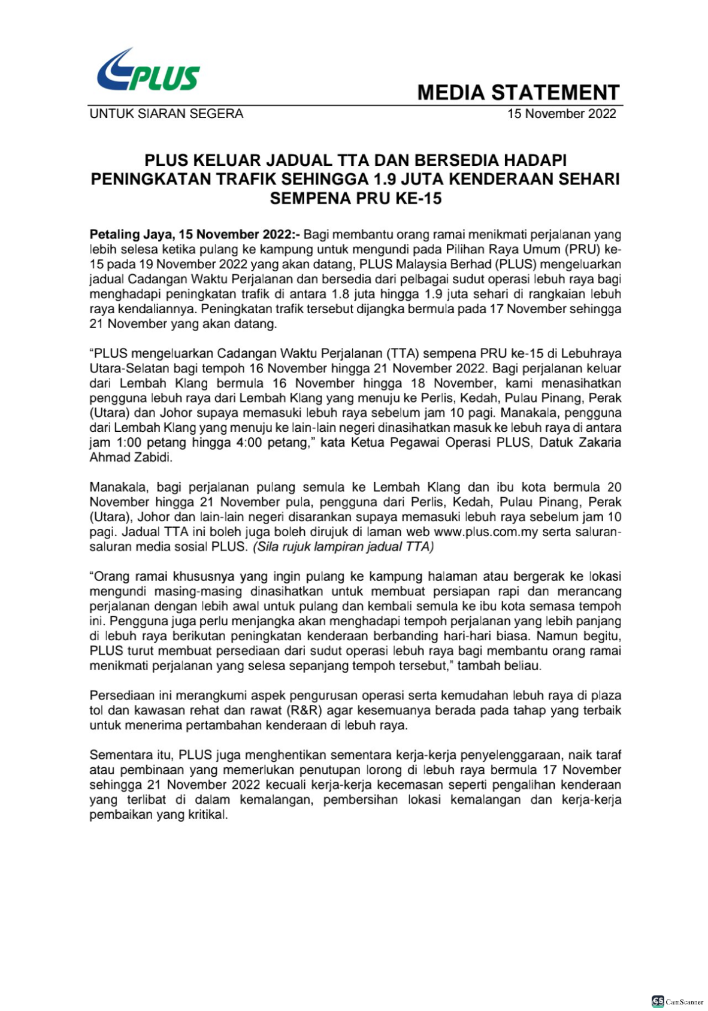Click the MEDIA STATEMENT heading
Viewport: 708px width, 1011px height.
tap(518, 92)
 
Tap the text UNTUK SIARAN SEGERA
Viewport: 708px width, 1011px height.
tap(166, 114)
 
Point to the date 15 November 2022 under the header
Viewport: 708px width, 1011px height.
tap(561, 114)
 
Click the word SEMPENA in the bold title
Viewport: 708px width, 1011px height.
tap(310, 198)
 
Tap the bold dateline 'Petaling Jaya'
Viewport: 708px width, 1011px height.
tap(125, 234)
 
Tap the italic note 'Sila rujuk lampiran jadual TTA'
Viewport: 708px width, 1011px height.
tap(343, 547)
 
